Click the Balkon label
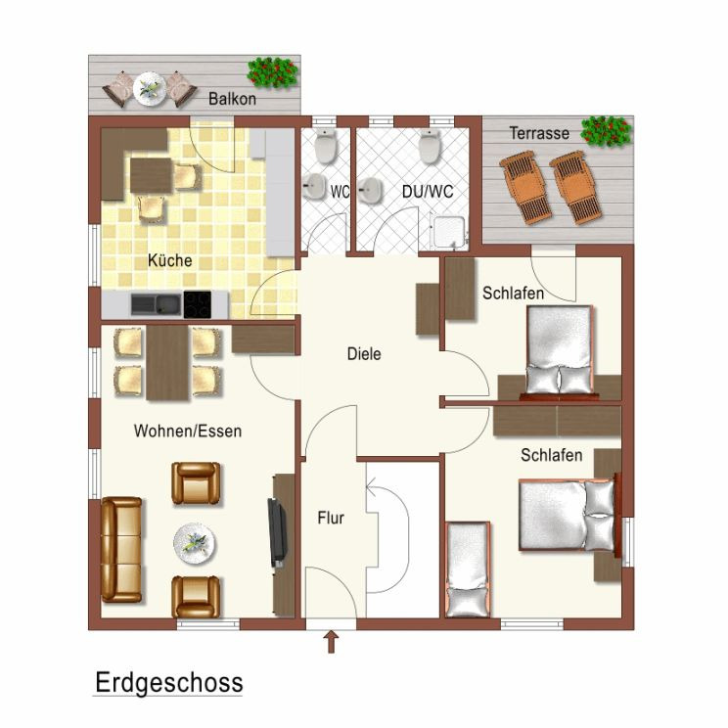point(232,99)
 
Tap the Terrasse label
point(539,133)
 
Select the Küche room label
point(170,260)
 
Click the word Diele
point(364,354)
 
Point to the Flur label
point(331,518)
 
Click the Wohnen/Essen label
point(188,431)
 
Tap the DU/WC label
point(428,191)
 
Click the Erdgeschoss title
point(169,683)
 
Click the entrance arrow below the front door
point(331,642)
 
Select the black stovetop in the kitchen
point(198,305)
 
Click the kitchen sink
point(156,304)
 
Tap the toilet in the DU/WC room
point(430,146)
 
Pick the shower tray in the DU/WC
point(447,231)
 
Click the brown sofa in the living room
point(121,550)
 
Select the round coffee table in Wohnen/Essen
point(195,544)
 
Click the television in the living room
point(277,532)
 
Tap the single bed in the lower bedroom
point(468,569)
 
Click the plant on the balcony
point(273,72)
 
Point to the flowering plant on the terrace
point(606,131)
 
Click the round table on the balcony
point(150,88)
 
